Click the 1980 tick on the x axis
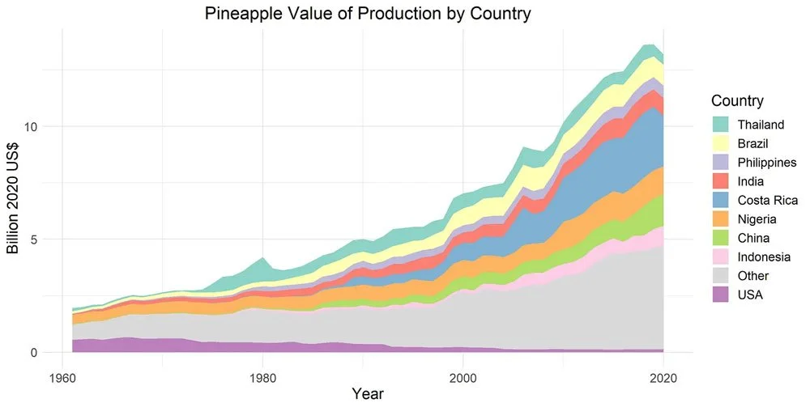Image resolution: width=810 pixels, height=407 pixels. click(262, 376)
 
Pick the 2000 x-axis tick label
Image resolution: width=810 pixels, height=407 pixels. click(463, 376)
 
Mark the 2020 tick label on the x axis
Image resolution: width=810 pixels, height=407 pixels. click(663, 376)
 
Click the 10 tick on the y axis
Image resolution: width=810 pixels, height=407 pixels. click(32, 127)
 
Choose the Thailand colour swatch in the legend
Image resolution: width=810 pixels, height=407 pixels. click(720, 125)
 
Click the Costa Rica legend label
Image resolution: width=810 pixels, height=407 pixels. click(767, 201)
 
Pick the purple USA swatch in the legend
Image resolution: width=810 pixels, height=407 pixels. click(720, 295)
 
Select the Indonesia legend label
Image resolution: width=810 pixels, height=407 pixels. click(765, 257)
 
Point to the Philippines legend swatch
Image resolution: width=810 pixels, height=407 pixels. click(720, 163)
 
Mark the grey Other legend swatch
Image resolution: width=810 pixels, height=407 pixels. click(720, 276)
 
